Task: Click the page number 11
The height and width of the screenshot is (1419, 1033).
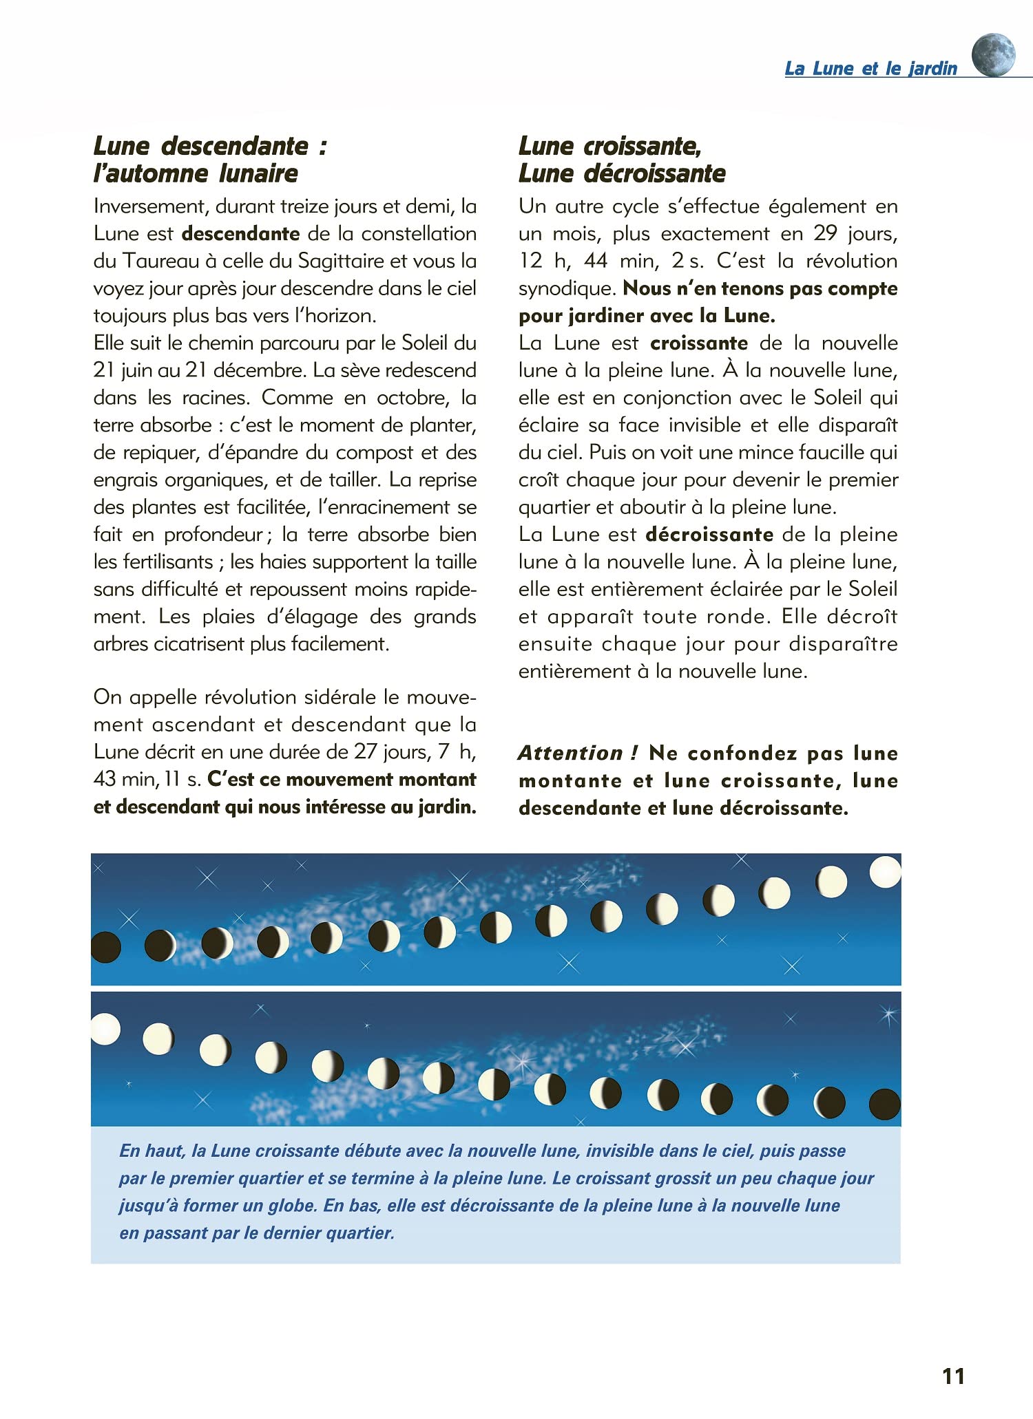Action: (x=953, y=1376)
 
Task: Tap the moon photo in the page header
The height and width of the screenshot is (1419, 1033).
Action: (x=993, y=55)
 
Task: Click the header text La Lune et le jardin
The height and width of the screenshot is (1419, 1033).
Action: (x=870, y=68)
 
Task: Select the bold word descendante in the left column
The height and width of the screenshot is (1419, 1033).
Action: (x=240, y=233)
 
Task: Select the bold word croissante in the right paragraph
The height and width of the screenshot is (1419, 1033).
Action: (x=699, y=343)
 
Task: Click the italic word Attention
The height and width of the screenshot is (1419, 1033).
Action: (x=571, y=752)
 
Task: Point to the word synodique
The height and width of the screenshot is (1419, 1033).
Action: (x=566, y=288)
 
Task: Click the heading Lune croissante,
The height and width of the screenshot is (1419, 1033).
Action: (x=609, y=146)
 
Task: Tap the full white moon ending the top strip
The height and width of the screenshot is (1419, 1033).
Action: (x=885, y=872)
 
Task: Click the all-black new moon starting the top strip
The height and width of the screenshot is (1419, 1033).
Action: (x=105, y=947)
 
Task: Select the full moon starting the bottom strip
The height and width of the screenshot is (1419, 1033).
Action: (x=105, y=1030)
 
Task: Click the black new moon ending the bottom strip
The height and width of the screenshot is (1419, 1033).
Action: (x=885, y=1104)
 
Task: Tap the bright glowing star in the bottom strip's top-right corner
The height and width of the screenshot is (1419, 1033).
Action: (x=888, y=1014)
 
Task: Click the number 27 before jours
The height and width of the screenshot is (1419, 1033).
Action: (x=366, y=751)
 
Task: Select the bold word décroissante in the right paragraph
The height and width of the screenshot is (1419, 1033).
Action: (x=709, y=535)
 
